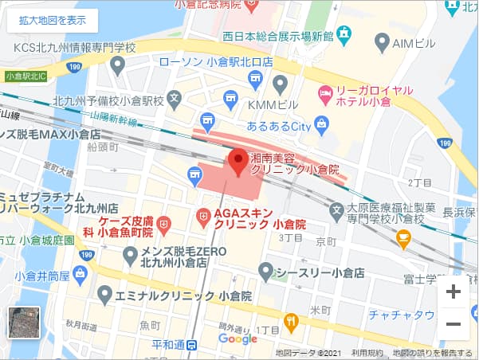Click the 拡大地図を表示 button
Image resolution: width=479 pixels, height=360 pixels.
53,20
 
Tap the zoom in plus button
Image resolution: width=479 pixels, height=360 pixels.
453,292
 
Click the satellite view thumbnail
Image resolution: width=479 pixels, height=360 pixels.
23,323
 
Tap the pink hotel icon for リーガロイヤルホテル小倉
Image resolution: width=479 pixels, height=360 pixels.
325,93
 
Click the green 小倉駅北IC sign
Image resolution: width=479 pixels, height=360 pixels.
26,76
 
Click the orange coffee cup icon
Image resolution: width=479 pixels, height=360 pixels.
404,237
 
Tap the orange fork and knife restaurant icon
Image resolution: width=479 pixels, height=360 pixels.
291,322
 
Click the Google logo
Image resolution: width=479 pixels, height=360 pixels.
238,339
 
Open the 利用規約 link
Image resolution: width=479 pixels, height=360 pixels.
367,353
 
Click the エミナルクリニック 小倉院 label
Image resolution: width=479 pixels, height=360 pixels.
184,295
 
